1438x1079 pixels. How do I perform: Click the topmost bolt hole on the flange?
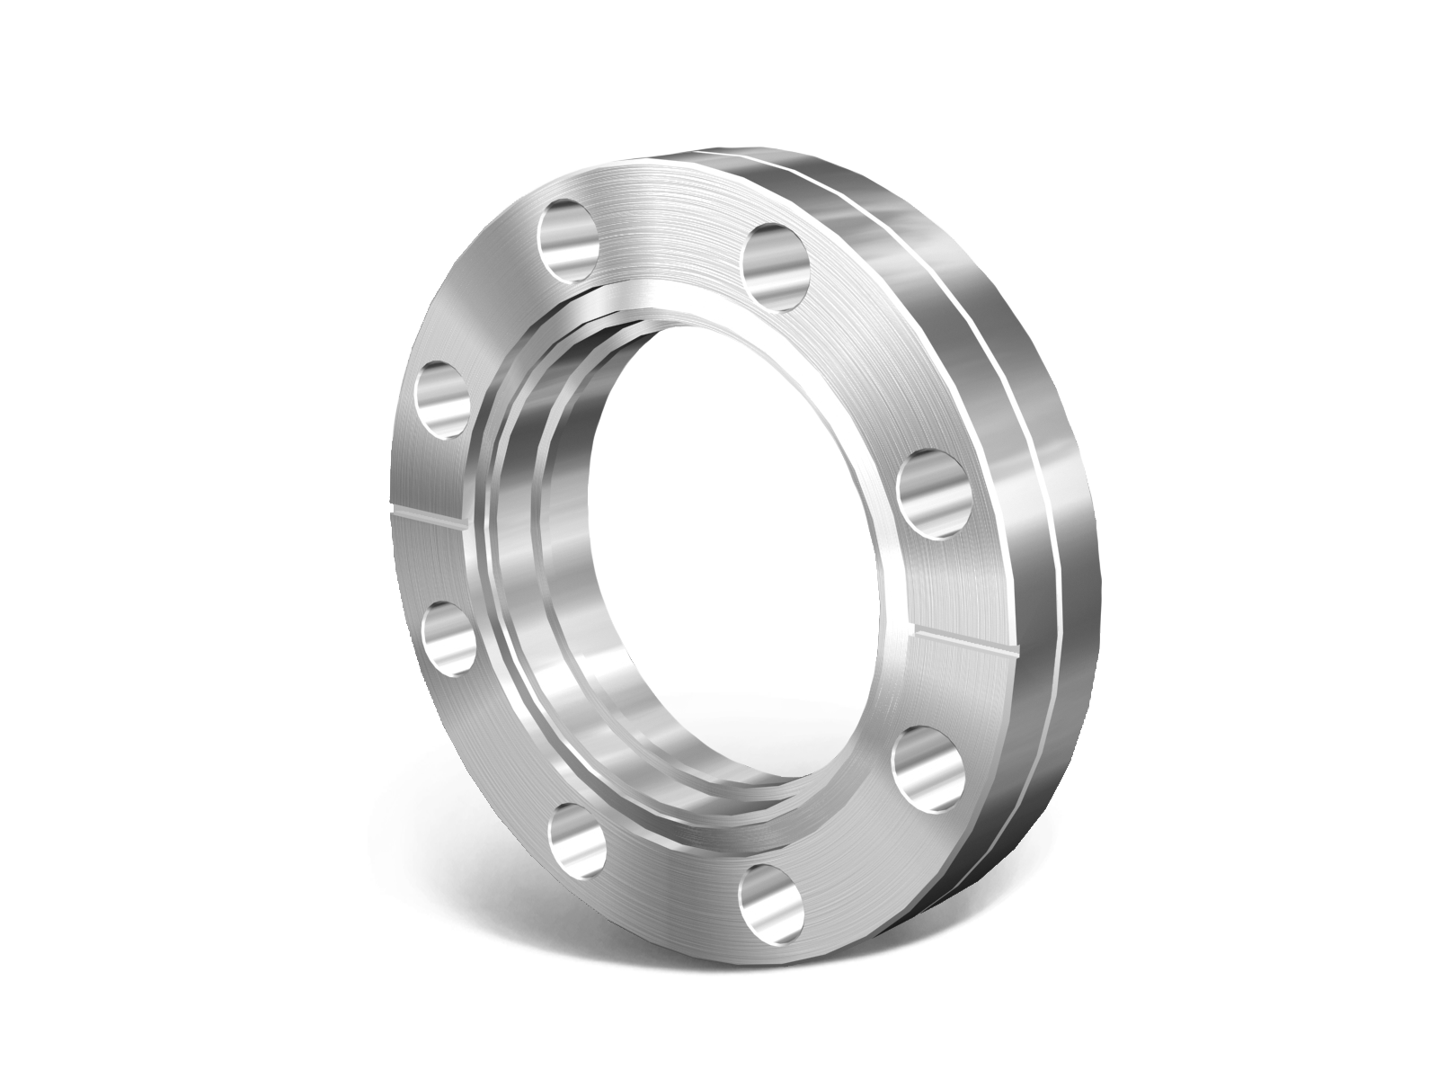click(570, 239)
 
